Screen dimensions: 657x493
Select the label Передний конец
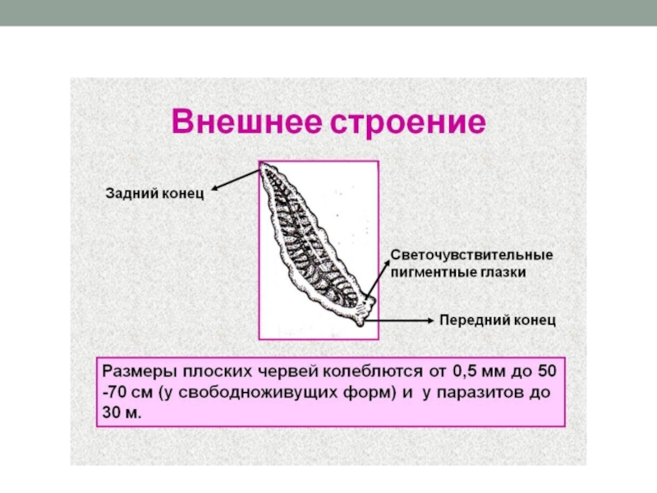click(x=498, y=320)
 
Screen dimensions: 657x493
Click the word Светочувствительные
click(x=471, y=255)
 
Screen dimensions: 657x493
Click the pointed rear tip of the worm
click(x=265, y=168)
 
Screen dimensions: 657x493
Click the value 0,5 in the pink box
click(x=466, y=371)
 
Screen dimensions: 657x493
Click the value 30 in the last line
click(x=113, y=413)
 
